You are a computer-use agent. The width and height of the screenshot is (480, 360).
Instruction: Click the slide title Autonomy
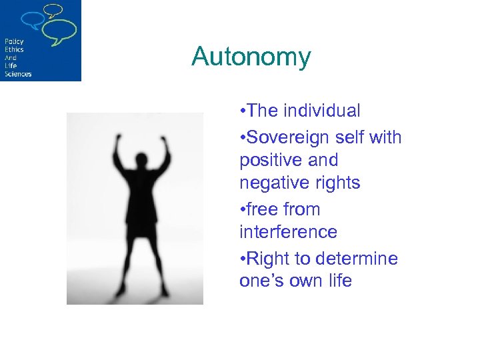pyautogui.click(x=251, y=57)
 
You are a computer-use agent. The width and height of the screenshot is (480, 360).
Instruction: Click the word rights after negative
pyautogui.click(x=337, y=183)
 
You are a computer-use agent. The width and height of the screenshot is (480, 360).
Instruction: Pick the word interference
pyautogui.click(x=288, y=232)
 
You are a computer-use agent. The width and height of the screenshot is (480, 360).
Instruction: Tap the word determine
pyautogui.click(x=357, y=259)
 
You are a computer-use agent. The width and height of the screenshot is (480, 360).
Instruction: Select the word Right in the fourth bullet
pyautogui.click(x=271, y=259)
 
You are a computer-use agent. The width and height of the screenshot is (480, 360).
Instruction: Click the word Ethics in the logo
pyautogui.click(x=14, y=50)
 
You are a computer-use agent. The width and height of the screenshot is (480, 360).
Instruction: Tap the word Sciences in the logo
pyautogui.click(x=18, y=74)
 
